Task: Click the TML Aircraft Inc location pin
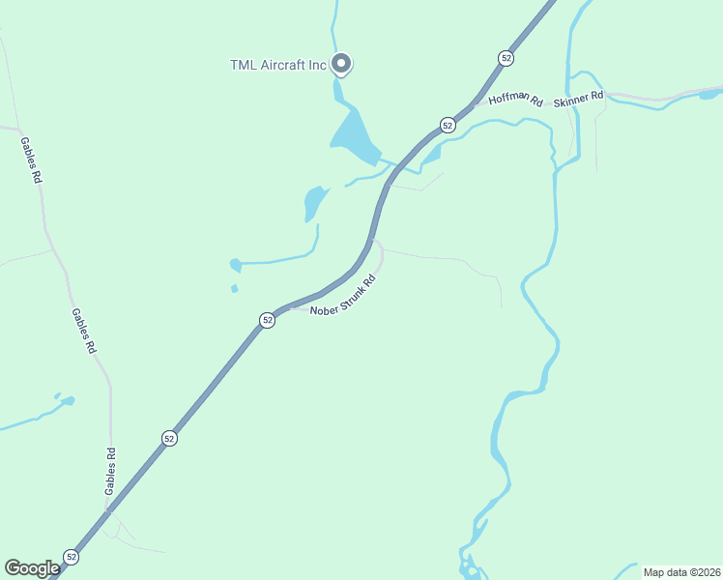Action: pos(340,64)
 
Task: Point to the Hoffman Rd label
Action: pos(516,100)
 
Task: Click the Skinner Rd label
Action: pos(578,97)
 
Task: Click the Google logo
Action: pos(32,568)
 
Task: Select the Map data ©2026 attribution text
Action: pos(681,572)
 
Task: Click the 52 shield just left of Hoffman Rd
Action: pos(448,125)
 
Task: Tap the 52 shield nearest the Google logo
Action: pos(71,556)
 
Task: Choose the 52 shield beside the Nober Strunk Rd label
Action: pos(268,319)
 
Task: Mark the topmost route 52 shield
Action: pos(506,58)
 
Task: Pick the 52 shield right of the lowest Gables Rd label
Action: pos(169,438)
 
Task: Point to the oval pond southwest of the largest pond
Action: pos(315,201)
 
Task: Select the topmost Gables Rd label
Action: pos(31,159)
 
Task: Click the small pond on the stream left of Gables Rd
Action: pos(65,399)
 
